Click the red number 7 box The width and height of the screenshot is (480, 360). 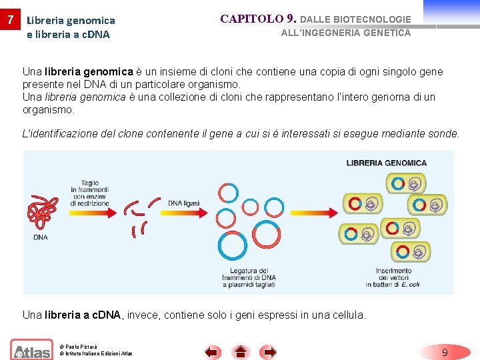9,20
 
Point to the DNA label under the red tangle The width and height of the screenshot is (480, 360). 40,237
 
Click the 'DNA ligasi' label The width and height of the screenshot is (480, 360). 185,203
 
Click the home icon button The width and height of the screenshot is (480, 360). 241,351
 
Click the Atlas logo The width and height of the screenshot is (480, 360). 31,350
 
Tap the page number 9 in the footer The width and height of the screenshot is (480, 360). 445,351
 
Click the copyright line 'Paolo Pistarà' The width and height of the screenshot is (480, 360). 79,347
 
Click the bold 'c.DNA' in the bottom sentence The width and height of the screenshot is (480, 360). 103,315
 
